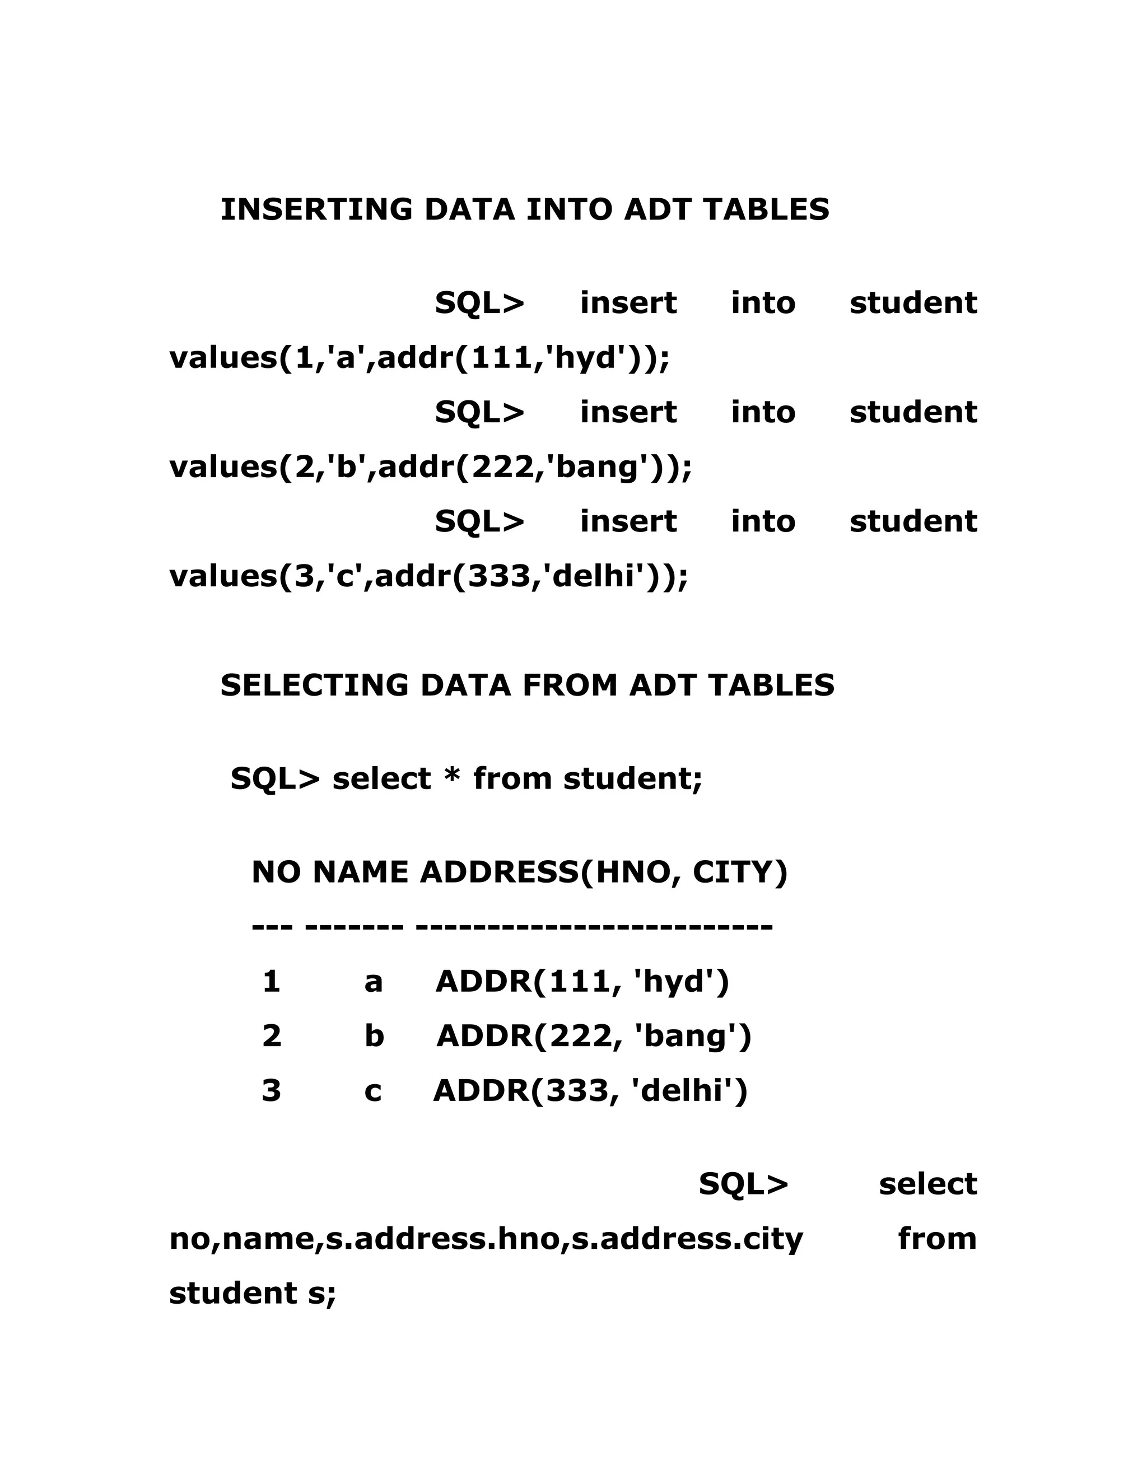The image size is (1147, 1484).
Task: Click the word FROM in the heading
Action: (x=575, y=685)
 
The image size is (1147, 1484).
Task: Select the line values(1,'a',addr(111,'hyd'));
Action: (x=419, y=358)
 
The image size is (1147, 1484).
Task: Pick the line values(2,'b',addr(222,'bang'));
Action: (x=430, y=468)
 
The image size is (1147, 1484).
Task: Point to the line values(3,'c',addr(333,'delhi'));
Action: (x=429, y=576)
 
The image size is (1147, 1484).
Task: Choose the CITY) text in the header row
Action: (x=740, y=872)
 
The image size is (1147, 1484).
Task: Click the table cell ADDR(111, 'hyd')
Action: (x=582, y=982)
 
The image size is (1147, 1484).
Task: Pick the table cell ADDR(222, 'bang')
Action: (x=594, y=1036)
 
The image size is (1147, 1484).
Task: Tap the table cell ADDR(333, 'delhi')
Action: (x=590, y=1090)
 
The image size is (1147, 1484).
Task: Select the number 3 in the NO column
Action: (x=271, y=1090)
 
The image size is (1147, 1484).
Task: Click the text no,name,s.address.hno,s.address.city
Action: (x=486, y=1239)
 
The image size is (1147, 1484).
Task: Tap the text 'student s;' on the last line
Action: (x=253, y=1293)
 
